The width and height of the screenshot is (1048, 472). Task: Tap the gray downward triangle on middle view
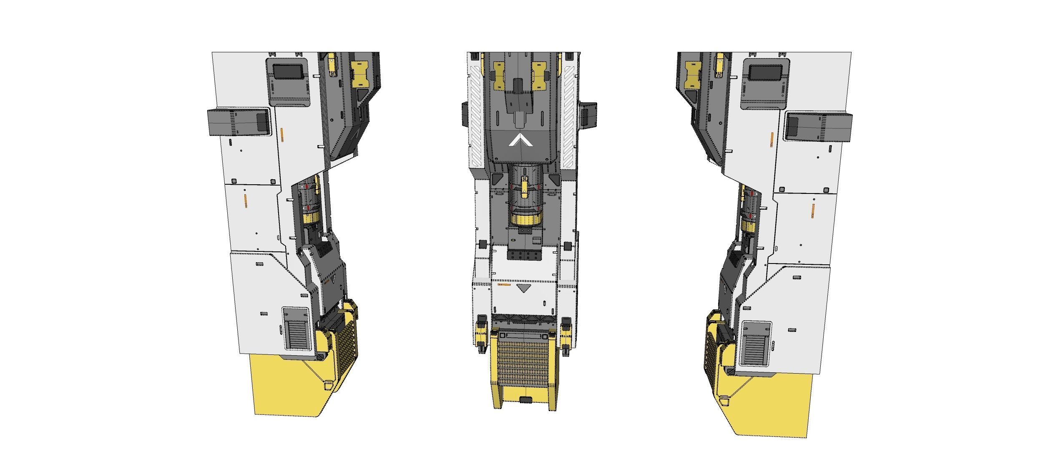coord(522,288)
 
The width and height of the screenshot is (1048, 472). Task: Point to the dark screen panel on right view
coord(765,73)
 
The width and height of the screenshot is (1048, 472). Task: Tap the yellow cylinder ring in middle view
coord(526,219)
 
